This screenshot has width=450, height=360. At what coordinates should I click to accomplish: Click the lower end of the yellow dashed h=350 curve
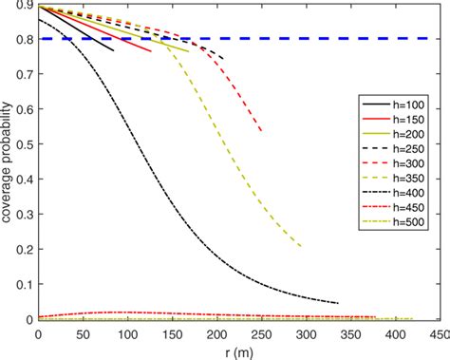[301, 247]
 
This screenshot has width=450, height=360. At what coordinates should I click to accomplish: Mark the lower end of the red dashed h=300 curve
[261, 131]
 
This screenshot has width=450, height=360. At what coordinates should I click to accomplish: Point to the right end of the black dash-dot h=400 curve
[338, 303]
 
